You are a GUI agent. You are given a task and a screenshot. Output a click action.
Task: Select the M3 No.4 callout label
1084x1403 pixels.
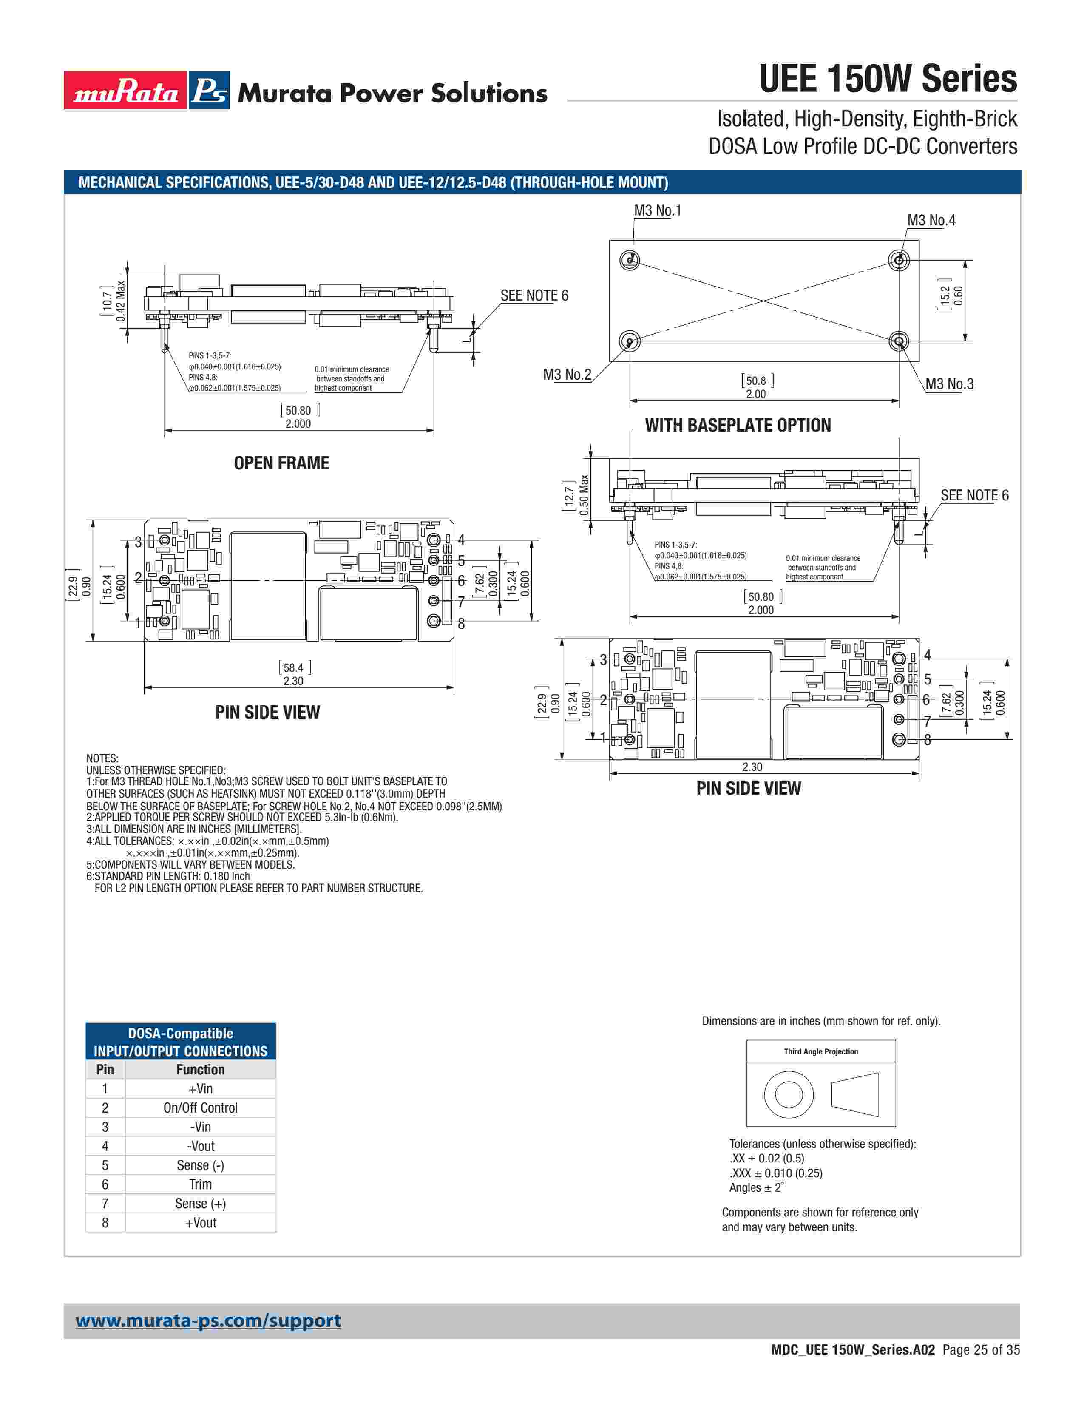pyautogui.click(x=931, y=220)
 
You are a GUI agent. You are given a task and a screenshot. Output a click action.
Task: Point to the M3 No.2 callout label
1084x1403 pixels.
pyautogui.click(x=567, y=375)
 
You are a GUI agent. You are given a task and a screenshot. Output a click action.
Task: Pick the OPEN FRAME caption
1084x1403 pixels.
pyautogui.click(x=281, y=463)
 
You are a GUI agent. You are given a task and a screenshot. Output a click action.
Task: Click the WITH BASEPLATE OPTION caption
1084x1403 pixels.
pyautogui.click(x=738, y=425)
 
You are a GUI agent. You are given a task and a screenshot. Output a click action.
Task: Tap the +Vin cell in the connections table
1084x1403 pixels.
pyautogui.click(x=200, y=1088)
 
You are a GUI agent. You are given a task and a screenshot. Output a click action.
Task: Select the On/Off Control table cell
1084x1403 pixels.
pyautogui.click(x=200, y=1108)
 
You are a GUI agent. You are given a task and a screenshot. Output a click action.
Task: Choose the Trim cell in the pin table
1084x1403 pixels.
pyautogui.click(x=200, y=1184)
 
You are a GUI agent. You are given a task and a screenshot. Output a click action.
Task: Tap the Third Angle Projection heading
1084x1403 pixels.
pyautogui.click(x=821, y=1051)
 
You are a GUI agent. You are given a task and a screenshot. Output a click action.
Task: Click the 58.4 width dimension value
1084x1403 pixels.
pyautogui.click(x=293, y=667)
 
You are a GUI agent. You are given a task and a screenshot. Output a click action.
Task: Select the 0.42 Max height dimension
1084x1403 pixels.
pyautogui.click(x=121, y=301)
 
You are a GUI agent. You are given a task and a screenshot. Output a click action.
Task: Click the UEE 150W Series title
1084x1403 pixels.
pyautogui.click(x=888, y=79)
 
